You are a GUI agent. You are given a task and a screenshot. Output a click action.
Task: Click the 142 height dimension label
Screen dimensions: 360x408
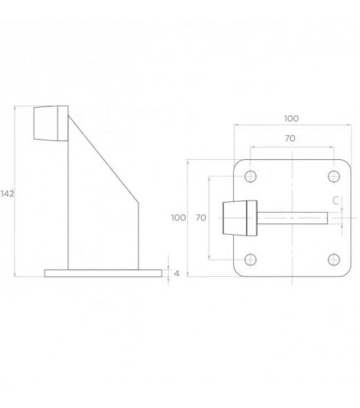point(7,194)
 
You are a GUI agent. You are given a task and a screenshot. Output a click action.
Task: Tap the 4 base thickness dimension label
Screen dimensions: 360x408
point(176,274)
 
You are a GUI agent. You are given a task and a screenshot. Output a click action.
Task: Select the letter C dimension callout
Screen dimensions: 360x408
point(335,200)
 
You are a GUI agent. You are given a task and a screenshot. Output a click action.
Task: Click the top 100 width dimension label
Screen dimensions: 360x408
point(292,119)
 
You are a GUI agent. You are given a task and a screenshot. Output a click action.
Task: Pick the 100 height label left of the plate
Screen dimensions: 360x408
point(179,218)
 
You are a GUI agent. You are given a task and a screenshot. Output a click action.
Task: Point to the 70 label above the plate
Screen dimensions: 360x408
point(290,138)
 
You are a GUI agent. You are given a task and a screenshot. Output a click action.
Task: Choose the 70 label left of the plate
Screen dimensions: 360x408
point(201,218)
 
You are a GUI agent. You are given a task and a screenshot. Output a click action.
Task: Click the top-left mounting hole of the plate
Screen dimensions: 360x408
point(250,176)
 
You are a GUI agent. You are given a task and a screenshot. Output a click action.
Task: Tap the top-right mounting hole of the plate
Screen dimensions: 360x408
point(334,176)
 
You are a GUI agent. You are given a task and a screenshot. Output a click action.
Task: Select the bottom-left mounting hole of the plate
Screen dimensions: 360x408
point(250,260)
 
